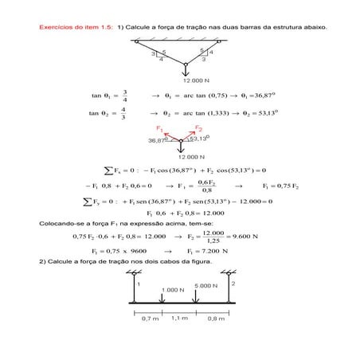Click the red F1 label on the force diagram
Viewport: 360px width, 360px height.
tap(160, 127)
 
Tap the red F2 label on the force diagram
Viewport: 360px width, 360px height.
tap(198, 128)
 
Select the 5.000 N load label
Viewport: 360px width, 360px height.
tap(205, 284)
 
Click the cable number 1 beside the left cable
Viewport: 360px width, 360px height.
tap(138, 284)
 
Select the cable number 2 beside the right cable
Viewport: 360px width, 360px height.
tap(233, 283)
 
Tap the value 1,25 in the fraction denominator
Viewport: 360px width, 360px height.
tap(213, 241)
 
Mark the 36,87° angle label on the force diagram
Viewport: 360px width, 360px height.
tap(158, 140)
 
